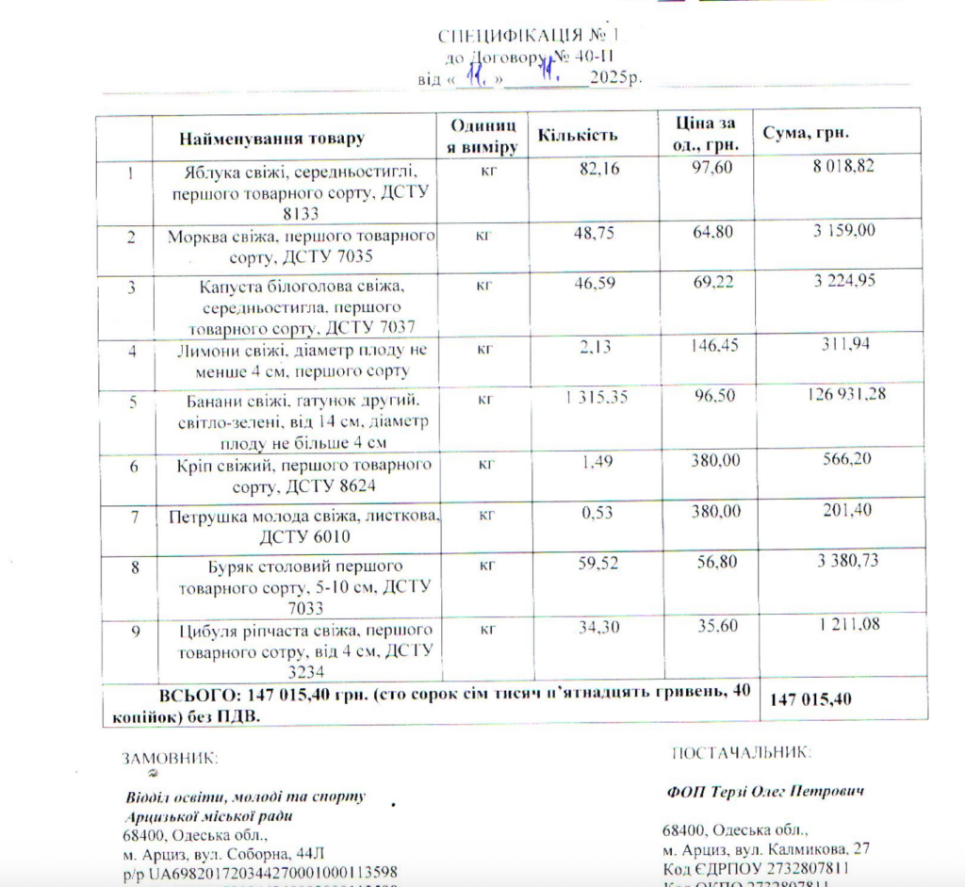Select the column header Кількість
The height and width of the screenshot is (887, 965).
coord(578,135)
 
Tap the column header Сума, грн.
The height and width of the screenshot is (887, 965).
coord(806,133)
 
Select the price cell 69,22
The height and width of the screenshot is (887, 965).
coord(712,283)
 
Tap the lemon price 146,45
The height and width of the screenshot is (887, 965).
coord(711,347)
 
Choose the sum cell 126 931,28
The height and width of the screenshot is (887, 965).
coord(846,393)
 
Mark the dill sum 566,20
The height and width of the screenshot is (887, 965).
coord(847,458)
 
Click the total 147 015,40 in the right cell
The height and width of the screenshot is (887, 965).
coord(810,699)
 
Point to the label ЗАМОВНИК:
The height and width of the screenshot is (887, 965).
coord(170,758)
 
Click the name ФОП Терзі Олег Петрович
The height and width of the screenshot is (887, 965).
coord(764,791)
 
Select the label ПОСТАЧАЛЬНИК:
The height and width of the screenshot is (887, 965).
coord(740,752)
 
